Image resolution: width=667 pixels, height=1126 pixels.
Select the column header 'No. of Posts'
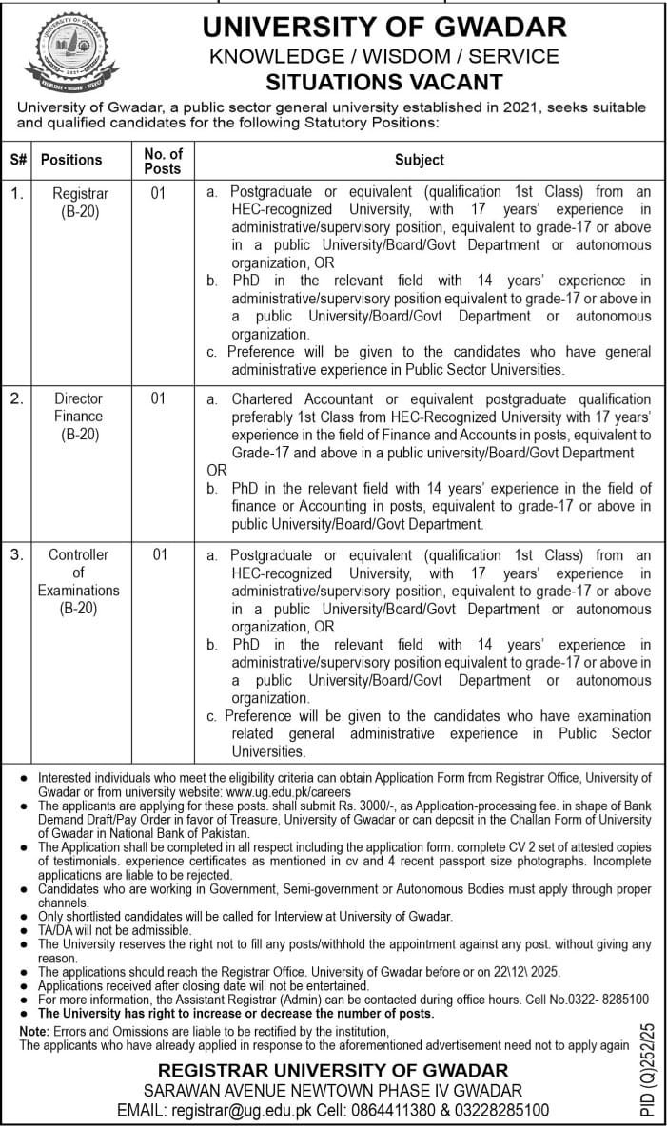(x=162, y=161)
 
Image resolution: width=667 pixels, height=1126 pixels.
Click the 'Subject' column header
(x=420, y=161)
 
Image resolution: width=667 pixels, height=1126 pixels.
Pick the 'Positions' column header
(x=70, y=161)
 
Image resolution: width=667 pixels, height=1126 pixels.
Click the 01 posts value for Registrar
(x=158, y=193)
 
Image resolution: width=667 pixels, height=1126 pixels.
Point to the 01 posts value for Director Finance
(x=158, y=398)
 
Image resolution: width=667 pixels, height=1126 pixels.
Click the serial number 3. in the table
(x=15, y=554)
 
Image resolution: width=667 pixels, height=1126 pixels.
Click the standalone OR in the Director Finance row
(x=217, y=470)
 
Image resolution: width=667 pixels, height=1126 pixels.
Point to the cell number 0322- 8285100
(x=602, y=1000)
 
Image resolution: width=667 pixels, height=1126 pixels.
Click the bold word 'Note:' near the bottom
(x=35, y=1031)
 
